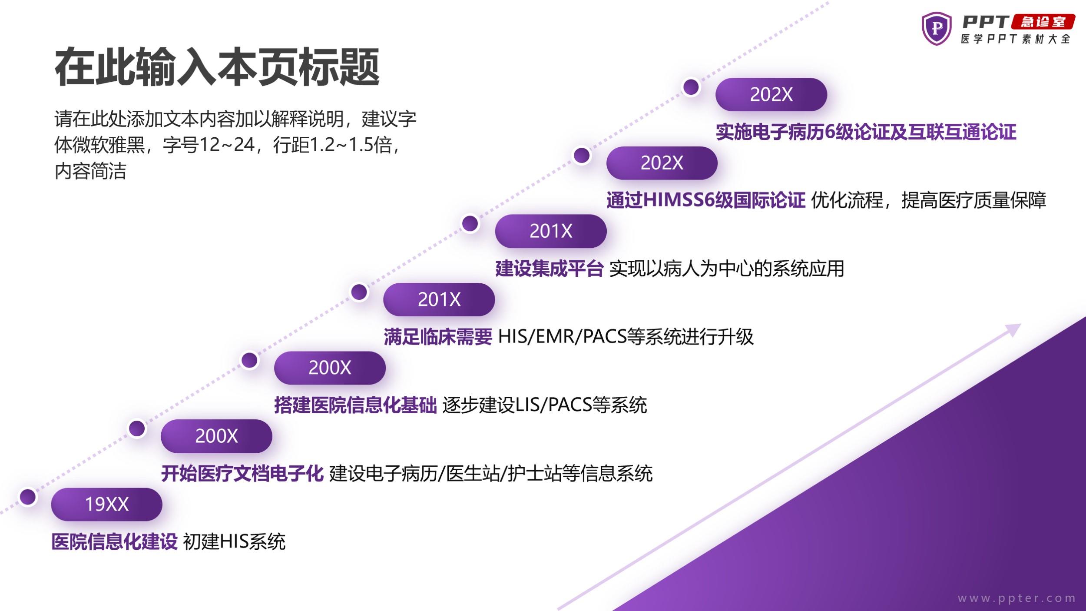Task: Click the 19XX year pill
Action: click(106, 504)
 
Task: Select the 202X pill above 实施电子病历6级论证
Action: click(771, 94)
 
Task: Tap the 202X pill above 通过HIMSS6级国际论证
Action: click(662, 163)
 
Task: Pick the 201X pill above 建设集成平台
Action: click(551, 231)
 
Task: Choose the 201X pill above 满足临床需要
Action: click(439, 299)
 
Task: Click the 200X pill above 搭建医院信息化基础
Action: click(330, 368)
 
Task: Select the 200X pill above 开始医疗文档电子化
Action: click(216, 436)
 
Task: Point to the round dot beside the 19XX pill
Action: click(28, 497)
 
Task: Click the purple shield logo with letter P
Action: click(937, 29)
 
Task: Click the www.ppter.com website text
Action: click(1017, 598)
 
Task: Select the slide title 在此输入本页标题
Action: click(217, 67)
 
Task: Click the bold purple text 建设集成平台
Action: click(550, 269)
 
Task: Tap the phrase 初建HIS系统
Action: click(234, 542)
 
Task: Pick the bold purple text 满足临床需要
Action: click(438, 337)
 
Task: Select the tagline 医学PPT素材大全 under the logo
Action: click(1016, 39)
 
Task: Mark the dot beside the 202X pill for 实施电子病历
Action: click(691, 87)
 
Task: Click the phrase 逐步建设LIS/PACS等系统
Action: click(545, 405)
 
